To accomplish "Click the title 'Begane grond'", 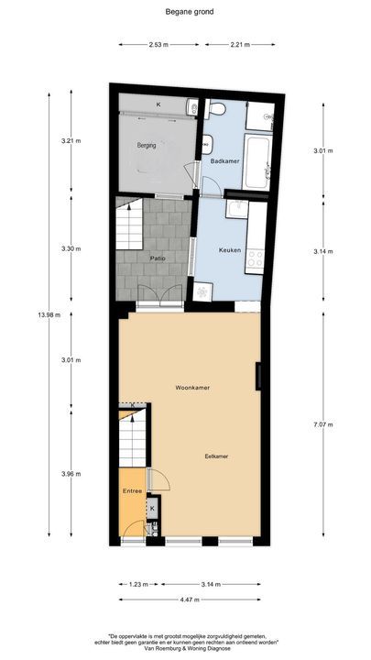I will pyautogui.click(x=184, y=11).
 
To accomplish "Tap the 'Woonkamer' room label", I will pyautogui.click(x=192, y=388).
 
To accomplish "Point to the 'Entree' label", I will pyautogui.click(x=132, y=491).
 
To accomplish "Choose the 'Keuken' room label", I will pyautogui.click(x=229, y=249).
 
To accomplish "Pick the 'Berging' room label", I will pyautogui.click(x=146, y=145).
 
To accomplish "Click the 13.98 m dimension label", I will pyautogui.click(x=49, y=315).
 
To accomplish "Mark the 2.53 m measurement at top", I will pyautogui.click(x=157, y=43).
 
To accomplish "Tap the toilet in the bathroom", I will pyautogui.click(x=216, y=109).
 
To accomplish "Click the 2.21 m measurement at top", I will pyautogui.click(x=241, y=43).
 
